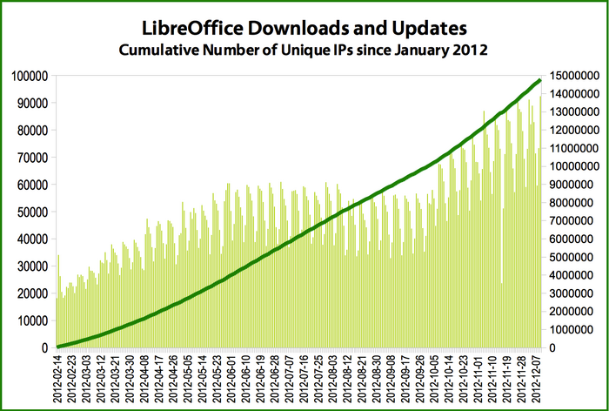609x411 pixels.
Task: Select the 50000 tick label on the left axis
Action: tap(32, 212)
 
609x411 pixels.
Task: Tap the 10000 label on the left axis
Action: tap(32, 320)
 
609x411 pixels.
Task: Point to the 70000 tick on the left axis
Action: tap(32, 158)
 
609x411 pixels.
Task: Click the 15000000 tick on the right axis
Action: tap(572, 76)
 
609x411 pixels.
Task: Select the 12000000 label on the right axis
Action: tap(572, 130)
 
